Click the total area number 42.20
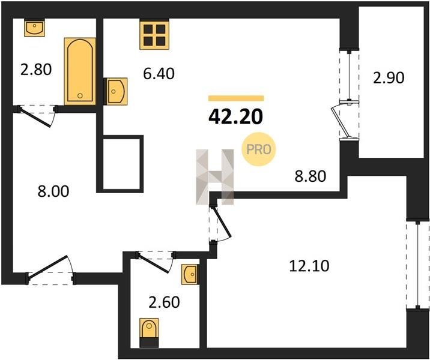point(235,117)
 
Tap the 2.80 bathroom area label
point(36,70)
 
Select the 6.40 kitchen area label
point(159,74)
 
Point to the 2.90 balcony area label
point(389,78)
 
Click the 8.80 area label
point(310,176)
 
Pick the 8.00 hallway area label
point(53,191)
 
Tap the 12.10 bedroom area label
point(309,266)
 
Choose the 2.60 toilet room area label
point(164,302)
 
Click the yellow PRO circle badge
point(258,149)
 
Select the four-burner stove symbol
point(154,35)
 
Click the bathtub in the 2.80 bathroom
point(80,71)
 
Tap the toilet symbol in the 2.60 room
point(149,332)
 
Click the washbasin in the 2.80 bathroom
point(34,28)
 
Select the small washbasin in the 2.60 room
point(190,274)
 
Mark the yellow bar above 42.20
point(236,98)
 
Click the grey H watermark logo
point(215,177)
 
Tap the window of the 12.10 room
point(417,265)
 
